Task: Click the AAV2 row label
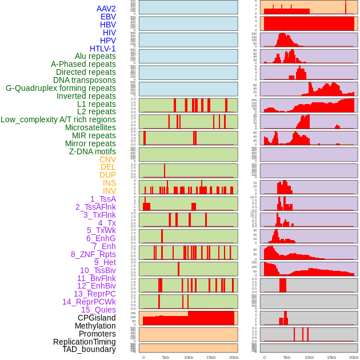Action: pos(106,9)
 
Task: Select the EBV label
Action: pos(108,17)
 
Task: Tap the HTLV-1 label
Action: pos(103,49)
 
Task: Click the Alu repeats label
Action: pos(95,56)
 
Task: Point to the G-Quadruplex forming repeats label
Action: pos(61,88)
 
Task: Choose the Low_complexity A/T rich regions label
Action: pos(58,119)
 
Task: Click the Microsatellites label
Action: pos(90,127)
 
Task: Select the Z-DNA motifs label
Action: pos(93,151)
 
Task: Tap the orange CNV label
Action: pos(107,159)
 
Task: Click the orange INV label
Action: pos(109,191)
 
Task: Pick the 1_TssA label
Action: pos(103,199)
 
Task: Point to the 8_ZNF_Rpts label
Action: pos(93,254)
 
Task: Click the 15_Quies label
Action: pos(98,310)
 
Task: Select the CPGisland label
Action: pos(97,318)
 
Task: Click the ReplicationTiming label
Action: pos(85,342)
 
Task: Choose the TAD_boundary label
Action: pos(89,349)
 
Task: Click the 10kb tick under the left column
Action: pos(188,357)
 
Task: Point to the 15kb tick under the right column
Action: pos(331,357)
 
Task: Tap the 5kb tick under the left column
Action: pos(166,357)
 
